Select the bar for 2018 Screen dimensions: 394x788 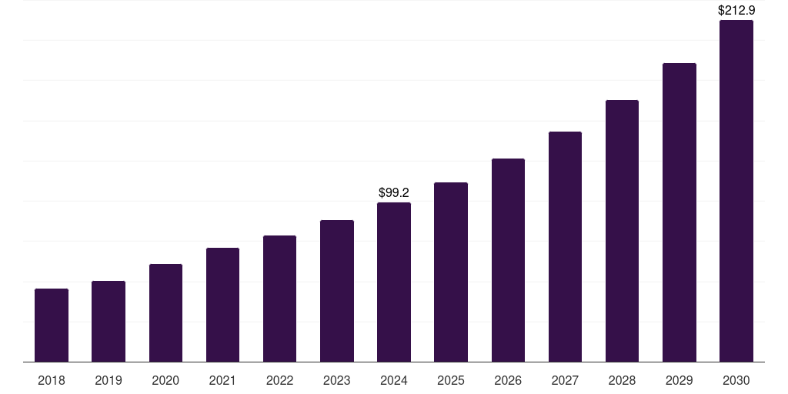click(52, 325)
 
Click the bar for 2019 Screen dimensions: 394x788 click(109, 321)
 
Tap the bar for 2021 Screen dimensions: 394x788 click(222, 305)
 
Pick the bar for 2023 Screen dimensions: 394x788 click(337, 291)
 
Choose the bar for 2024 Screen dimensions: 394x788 click(394, 282)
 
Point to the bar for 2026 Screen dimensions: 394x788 click(508, 260)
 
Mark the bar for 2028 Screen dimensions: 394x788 click(622, 231)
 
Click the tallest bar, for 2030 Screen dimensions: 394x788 click(736, 191)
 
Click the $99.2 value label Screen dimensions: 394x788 click(394, 192)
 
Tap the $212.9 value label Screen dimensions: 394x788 click(736, 11)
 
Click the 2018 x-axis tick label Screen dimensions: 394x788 click(52, 380)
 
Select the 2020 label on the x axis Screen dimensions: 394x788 click(165, 380)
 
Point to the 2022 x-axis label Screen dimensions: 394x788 click(279, 380)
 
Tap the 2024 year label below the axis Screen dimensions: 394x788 click(394, 380)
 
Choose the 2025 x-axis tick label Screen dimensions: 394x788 click(451, 380)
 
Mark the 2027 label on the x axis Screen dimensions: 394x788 click(565, 380)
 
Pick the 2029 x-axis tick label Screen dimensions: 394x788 click(679, 380)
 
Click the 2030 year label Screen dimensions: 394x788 click(736, 380)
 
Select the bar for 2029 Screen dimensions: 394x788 click(679, 212)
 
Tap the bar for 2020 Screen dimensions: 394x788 click(165, 312)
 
